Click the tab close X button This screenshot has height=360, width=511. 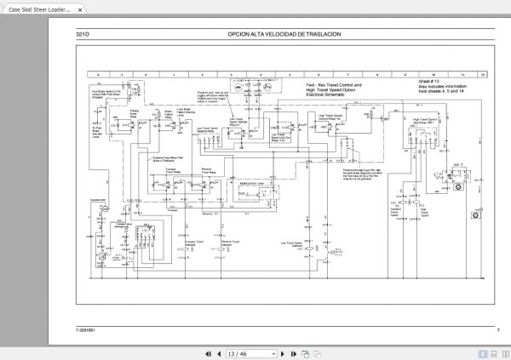click(x=80, y=9)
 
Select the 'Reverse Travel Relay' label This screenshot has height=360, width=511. click(x=208, y=169)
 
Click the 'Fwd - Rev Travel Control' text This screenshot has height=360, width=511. click(x=333, y=85)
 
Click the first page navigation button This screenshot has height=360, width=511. click(x=204, y=352)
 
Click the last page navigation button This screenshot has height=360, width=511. click(x=305, y=352)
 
